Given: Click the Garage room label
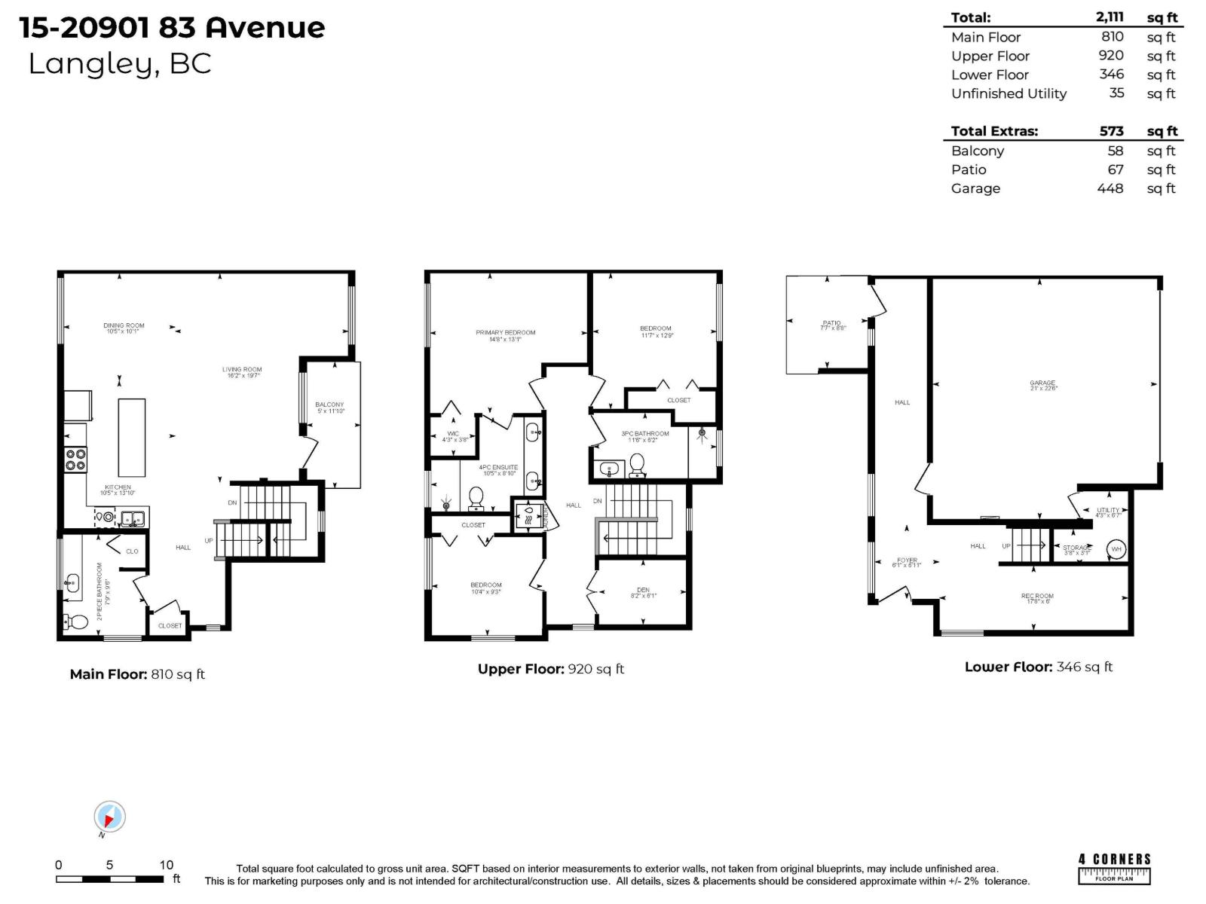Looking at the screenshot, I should click(x=1043, y=385).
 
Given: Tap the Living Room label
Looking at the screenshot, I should click(x=241, y=372).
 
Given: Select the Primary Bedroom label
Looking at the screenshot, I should click(x=505, y=335).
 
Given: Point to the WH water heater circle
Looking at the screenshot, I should click(x=1116, y=549).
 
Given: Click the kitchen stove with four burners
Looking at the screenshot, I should click(x=75, y=460).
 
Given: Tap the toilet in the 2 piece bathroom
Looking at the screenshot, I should click(x=76, y=622).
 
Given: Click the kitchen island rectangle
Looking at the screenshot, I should click(x=132, y=438).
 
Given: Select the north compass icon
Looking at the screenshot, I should click(x=109, y=817).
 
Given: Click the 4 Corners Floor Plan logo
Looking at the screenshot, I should click(x=1114, y=868).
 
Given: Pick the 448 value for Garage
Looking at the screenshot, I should click(x=1110, y=188).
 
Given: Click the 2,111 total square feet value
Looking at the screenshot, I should click(x=1110, y=17).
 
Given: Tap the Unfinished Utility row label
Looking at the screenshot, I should click(x=1009, y=93).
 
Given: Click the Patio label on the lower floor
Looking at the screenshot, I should click(x=832, y=325).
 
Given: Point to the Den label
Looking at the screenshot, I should click(x=643, y=593).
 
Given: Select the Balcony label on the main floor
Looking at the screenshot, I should click(x=329, y=408).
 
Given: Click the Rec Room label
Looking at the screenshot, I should click(x=1037, y=598).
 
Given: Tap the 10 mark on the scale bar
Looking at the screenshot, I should click(x=166, y=865).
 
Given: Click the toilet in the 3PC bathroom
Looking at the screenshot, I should click(x=637, y=466).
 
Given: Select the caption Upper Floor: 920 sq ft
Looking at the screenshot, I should click(x=550, y=669).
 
